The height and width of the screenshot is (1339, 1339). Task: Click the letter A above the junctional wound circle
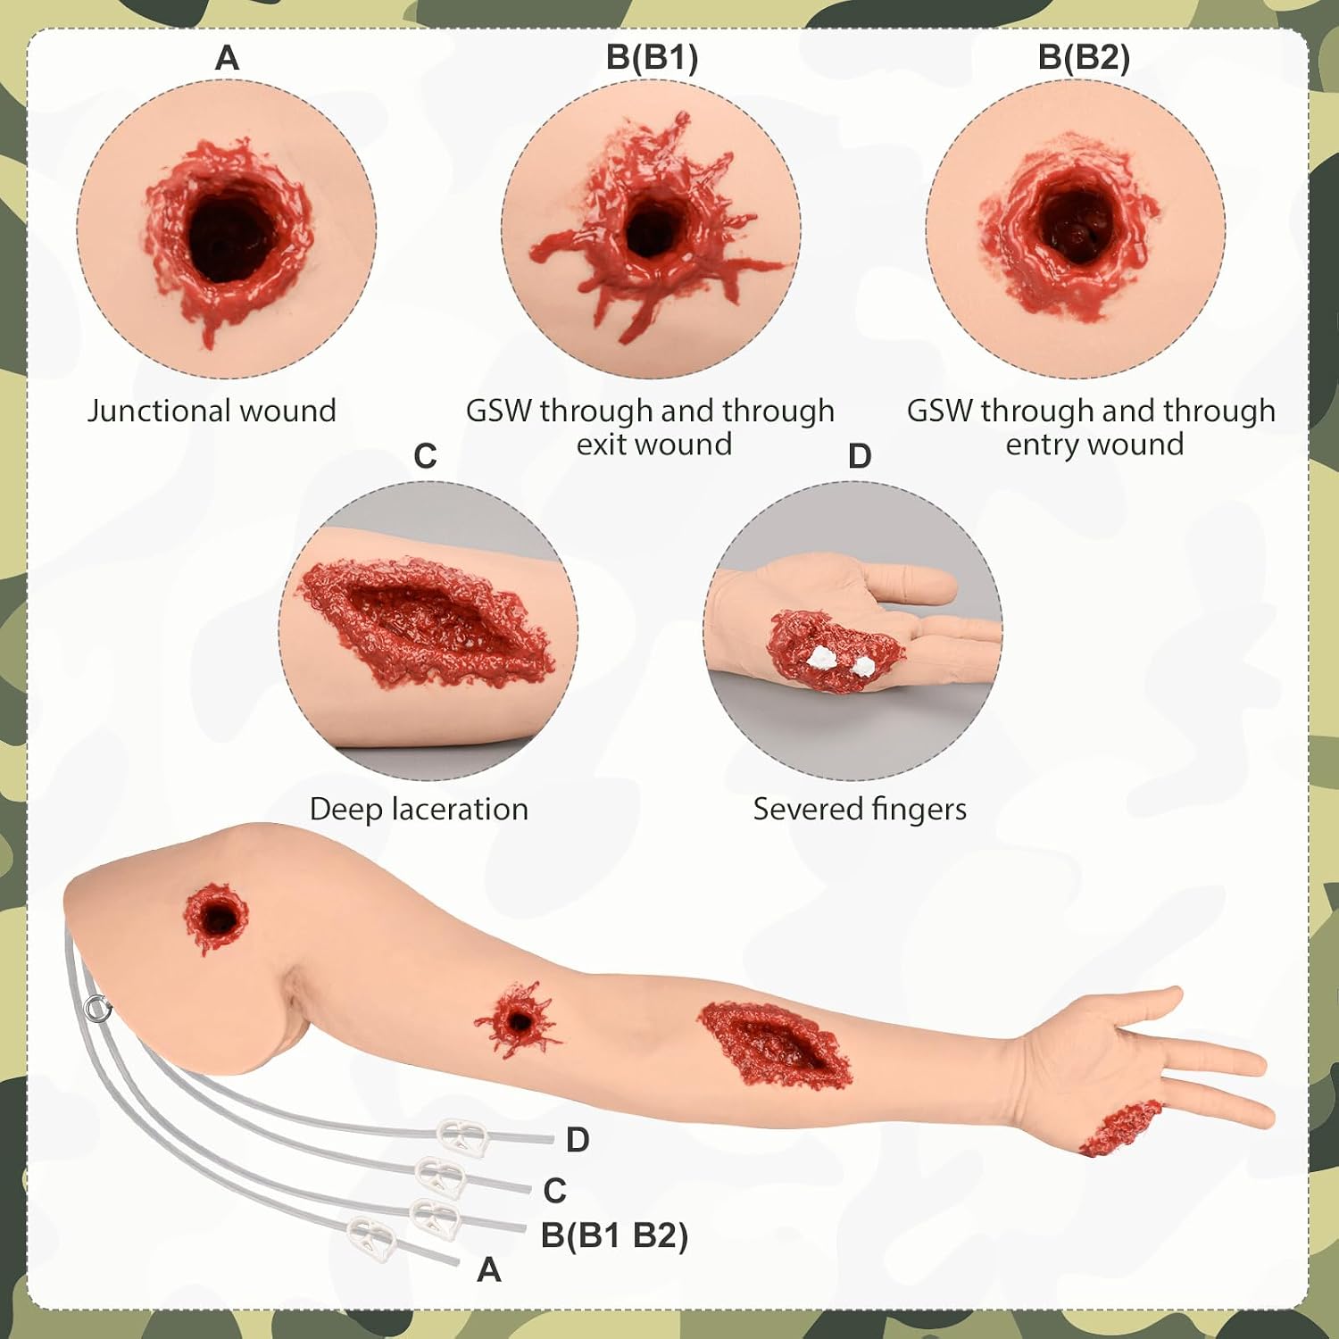point(227,58)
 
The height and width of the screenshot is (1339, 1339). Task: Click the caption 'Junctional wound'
point(212,411)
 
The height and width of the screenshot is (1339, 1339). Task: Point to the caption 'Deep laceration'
point(419,809)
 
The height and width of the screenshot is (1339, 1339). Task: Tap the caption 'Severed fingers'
point(860,809)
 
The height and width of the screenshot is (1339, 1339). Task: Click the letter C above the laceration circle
point(425,456)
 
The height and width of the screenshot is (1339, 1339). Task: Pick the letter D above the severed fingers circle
point(859,456)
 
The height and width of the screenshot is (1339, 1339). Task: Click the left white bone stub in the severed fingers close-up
point(820,659)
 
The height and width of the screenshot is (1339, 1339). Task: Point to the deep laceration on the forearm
point(773,1043)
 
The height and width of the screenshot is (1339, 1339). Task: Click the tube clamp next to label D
point(462,1136)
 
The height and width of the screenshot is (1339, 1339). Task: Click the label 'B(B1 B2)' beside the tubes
point(614,1236)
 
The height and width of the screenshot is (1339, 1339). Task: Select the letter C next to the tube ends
point(554,1191)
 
